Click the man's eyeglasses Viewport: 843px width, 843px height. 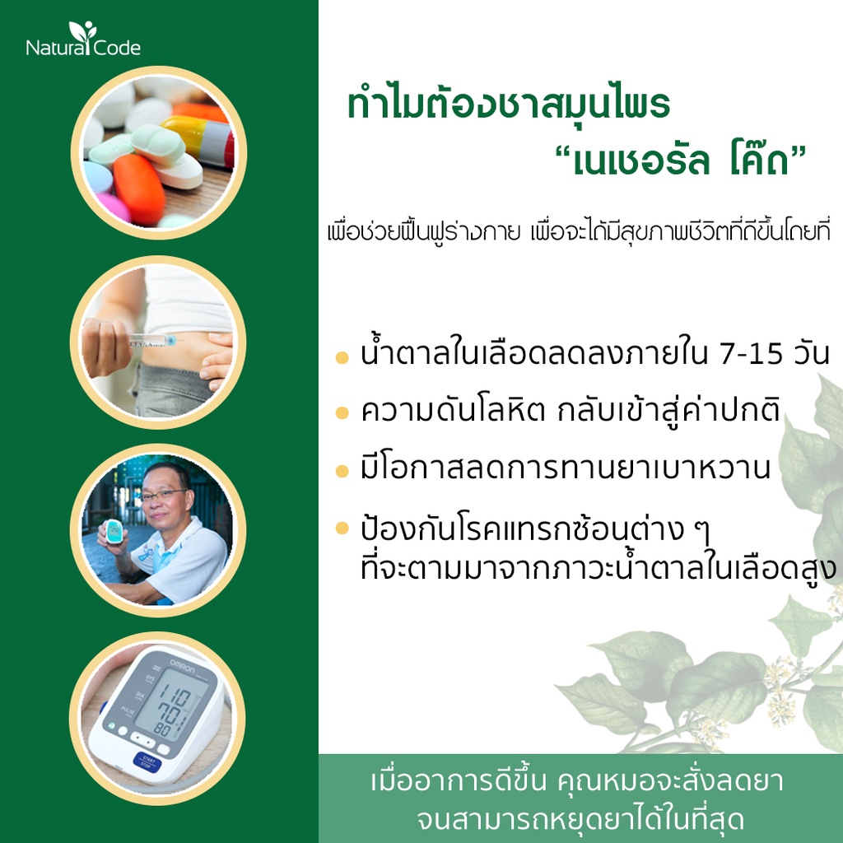click(163, 494)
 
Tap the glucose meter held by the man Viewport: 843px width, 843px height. click(114, 533)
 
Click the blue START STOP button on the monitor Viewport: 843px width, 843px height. click(147, 763)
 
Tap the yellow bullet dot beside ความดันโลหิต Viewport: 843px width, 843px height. click(342, 412)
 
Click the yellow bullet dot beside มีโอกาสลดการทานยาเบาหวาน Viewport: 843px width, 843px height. click(342, 471)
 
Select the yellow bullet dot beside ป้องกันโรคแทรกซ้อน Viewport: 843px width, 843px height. click(342, 528)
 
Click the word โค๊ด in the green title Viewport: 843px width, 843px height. click(758, 161)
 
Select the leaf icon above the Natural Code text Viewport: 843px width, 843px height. click(83, 32)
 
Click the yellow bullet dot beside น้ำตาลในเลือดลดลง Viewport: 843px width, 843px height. click(342, 357)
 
